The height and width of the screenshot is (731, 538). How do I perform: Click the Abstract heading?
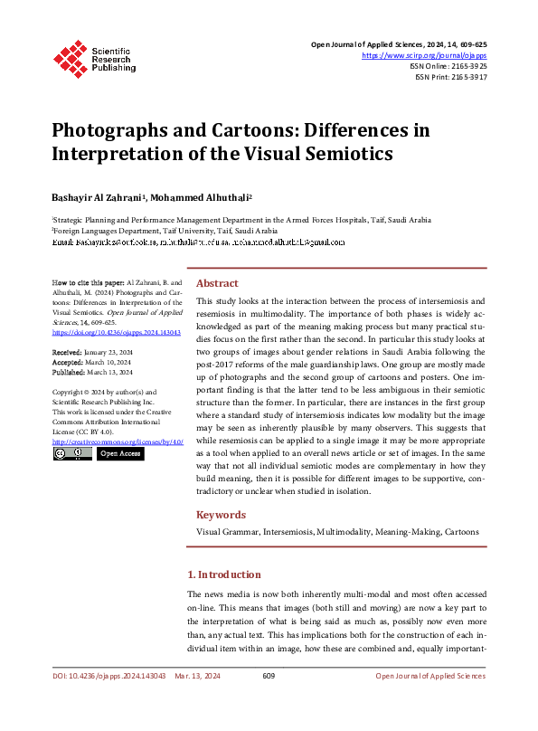pos(217,282)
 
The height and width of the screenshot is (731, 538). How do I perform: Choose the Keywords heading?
pos(222,515)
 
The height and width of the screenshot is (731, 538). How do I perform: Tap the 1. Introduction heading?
pos(223,574)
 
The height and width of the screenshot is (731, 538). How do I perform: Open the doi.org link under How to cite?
pos(117,332)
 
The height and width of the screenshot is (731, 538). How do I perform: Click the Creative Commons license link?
pos(118,441)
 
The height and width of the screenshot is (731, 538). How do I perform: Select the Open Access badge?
pos(119,453)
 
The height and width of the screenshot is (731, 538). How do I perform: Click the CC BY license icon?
pos(71,453)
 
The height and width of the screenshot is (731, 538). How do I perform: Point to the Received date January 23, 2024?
pos(107,351)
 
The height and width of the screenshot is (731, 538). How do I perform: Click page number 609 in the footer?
pos(269,676)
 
